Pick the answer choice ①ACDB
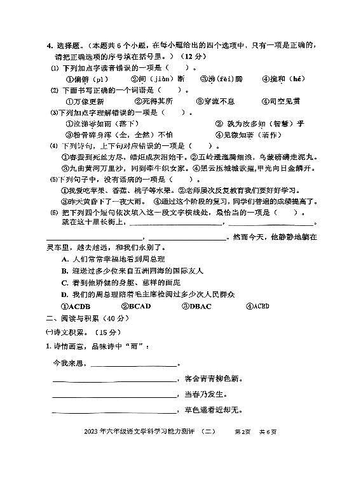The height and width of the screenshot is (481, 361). (75, 306)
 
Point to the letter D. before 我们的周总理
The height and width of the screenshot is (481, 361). (64, 294)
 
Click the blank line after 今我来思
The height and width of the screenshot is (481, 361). (133, 364)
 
